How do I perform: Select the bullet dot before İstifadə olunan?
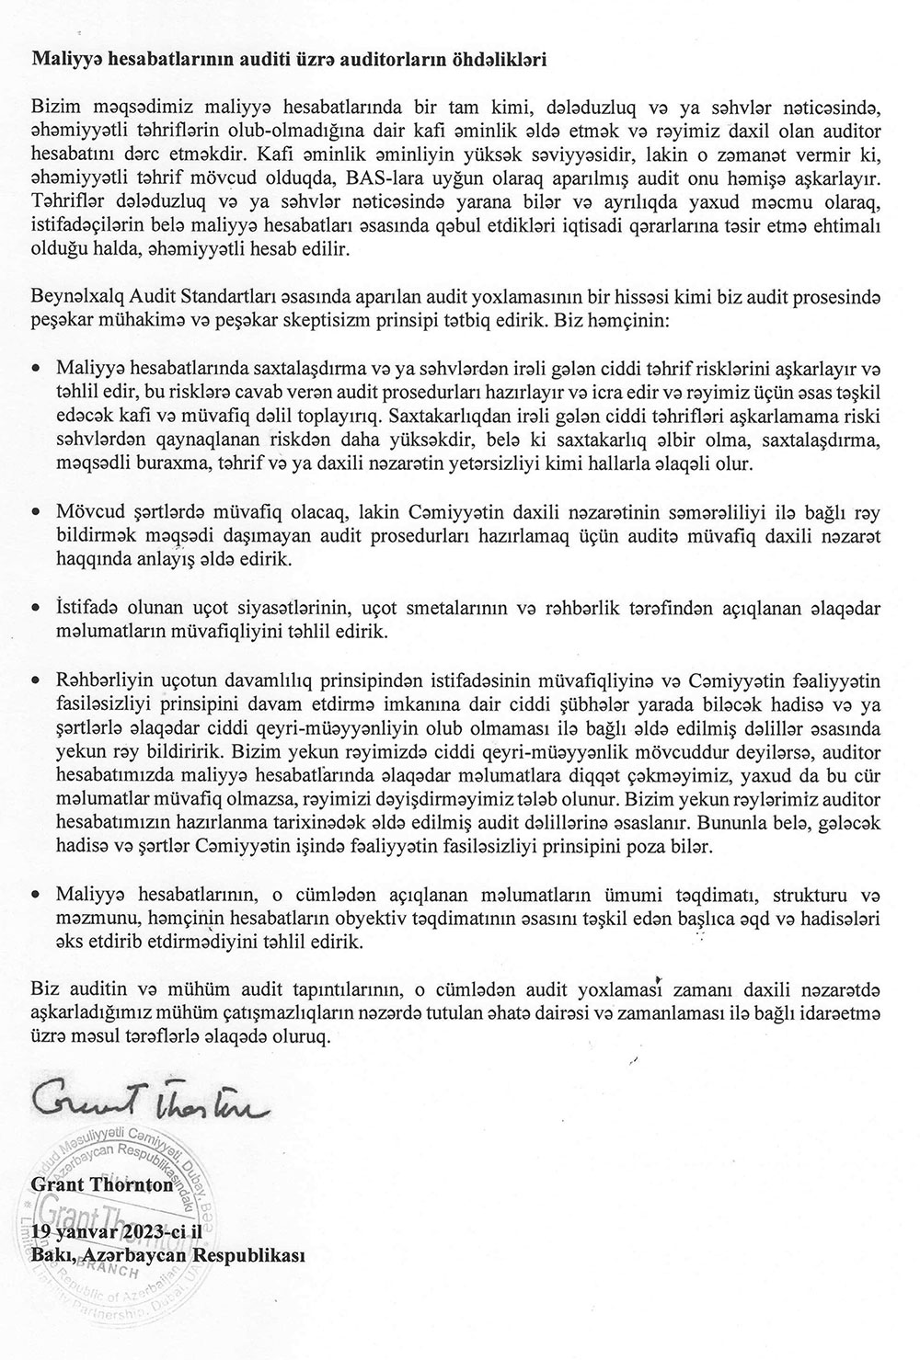click(x=36, y=608)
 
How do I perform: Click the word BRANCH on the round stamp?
click(x=109, y=1273)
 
